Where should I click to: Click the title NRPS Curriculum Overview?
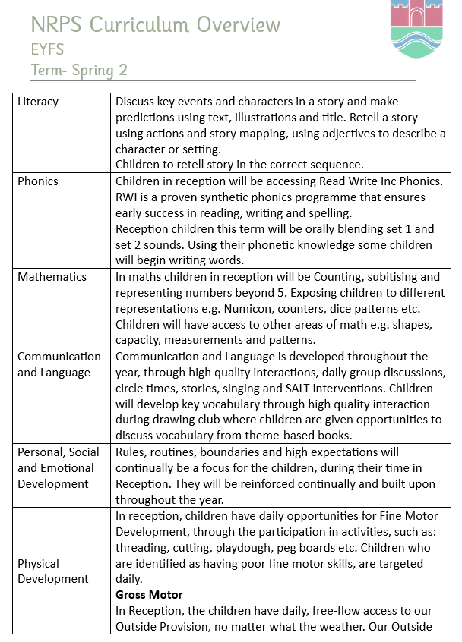pos(156,25)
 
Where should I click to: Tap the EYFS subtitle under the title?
pos(48,50)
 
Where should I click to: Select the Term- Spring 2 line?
pos(79,71)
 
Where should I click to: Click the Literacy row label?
pos(38,102)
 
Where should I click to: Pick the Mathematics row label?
pos(52,277)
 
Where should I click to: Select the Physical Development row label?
pos(53,571)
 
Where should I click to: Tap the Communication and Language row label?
pos(59,364)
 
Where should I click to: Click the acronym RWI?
pos(128,197)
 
